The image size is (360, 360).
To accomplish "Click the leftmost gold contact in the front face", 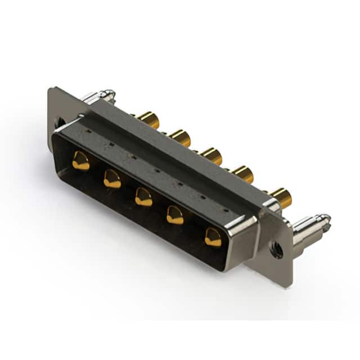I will pyautogui.click(x=80, y=161).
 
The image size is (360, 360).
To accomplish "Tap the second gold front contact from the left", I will pyautogui.click(x=112, y=179).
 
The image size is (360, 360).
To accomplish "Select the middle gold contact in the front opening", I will pyautogui.click(x=143, y=197).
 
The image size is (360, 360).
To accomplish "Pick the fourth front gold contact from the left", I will pyautogui.click(x=175, y=215).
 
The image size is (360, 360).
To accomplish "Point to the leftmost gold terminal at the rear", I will pyautogui.click(x=149, y=119).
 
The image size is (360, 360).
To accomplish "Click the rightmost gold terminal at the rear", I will pyautogui.click(x=281, y=197).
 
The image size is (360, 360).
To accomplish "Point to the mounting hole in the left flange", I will pyautogui.click(x=60, y=122).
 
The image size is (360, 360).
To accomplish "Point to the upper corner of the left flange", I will pyautogui.click(x=52, y=90).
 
